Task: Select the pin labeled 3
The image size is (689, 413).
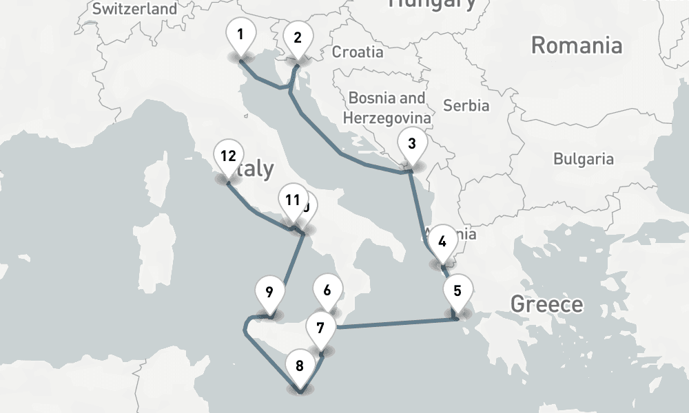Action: pyautogui.click(x=411, y=145)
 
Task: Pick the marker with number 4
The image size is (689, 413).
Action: pyautogui.click(x=442, y=242)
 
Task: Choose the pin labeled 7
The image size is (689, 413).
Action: pyautogui.click(x=320, y=328)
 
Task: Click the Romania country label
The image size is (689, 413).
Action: pyautogui.click(x=576, y=46)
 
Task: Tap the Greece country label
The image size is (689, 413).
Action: pyautogui.click(x=546, y=304)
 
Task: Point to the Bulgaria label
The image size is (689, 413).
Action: pyautogui.click(x=583, y=159)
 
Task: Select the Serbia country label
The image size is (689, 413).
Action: pyautogui.click(x=466, y=106)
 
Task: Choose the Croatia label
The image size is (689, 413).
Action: pyautogui.click(x=358, y=52)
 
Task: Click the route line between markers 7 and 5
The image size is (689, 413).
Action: pyautogui.click(x=393, y=322)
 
